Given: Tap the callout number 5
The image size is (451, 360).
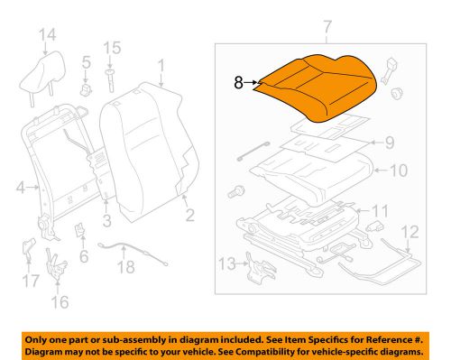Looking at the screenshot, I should point(86,63).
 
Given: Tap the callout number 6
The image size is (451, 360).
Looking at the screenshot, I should point(85,256).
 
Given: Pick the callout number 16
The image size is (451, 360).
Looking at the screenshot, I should point(60,301).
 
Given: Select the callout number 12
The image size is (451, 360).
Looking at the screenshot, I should point(410,232).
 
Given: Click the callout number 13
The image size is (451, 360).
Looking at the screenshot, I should point(226,263).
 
